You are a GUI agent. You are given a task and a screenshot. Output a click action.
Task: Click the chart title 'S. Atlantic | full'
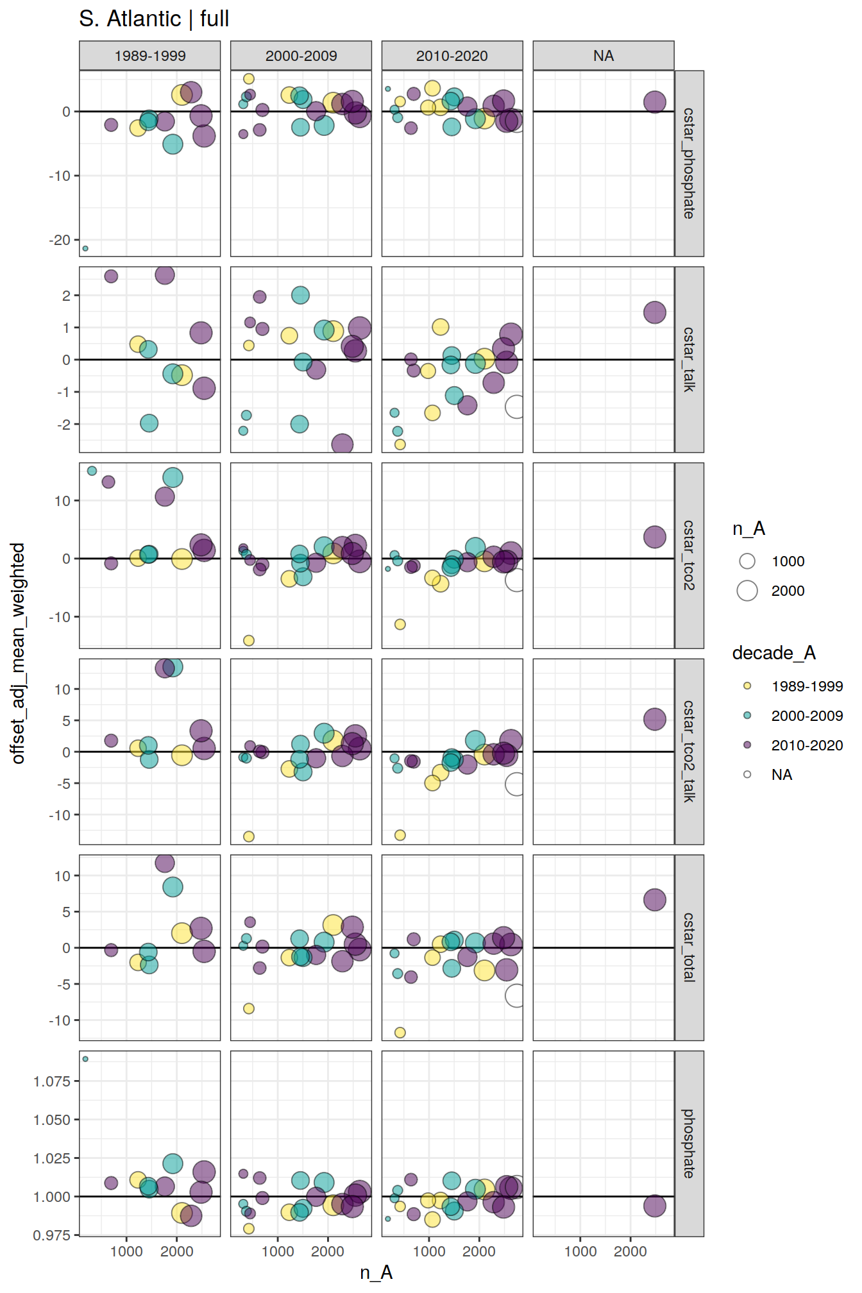point(154,19)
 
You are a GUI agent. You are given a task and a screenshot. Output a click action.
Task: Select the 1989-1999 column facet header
point(149,56)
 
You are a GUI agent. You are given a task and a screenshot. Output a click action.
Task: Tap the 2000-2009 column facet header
point(301,56)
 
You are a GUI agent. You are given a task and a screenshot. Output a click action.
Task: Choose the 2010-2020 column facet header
point(452,56)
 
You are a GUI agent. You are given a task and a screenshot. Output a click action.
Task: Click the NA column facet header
point(604,56)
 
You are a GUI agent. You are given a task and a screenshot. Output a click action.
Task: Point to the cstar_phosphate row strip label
point(689,164)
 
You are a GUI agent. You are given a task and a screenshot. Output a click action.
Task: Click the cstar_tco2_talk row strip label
point(689,751)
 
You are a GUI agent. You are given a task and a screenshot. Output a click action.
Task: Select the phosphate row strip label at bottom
point(689,1144)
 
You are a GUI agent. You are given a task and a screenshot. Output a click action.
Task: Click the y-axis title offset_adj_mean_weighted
point(18,653)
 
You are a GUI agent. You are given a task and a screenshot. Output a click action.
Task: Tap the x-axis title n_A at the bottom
point(376,1272)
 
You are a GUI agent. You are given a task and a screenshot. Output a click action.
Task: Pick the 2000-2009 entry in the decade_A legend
point(806,716)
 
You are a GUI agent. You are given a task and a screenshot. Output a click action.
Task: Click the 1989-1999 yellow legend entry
point(806,686)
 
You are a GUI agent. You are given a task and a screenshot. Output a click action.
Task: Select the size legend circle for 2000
point(747,591)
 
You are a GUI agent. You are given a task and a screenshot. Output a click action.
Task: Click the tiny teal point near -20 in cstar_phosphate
point(85,248)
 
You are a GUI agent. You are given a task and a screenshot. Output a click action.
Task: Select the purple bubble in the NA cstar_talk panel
point(654,312)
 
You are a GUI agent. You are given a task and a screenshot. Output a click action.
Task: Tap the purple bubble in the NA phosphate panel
point(654,1206)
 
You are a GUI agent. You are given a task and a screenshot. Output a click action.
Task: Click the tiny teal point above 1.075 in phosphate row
point(85,1059)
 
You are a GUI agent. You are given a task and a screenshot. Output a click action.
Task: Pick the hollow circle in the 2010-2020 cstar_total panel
point(515,995)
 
